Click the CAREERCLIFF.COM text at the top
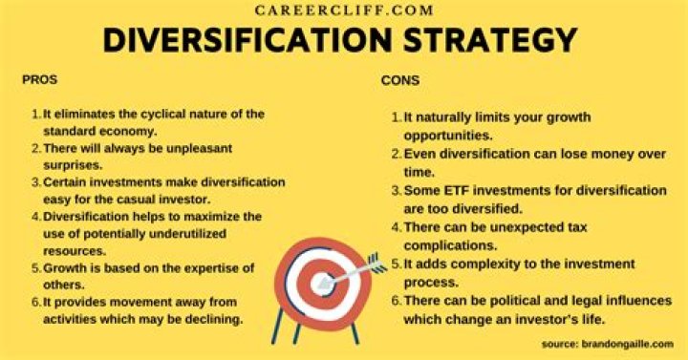pyautogui.click(x=344, y=11)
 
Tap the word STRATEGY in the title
pyautogui.click(x=490, y=40)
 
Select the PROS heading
pyautogui.click(x=39, y=80)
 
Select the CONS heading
pyautogui.click(x=400, y=80)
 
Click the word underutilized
pyautogui.click(x=188, y=234)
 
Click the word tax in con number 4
pyautogui.click(x=577, y=227)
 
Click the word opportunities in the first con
pyautogui.click(x=448, y=136)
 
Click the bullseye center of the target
pyautogui.click(x=322, y=284)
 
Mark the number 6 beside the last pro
pyautogui.click(x=36, y=302)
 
